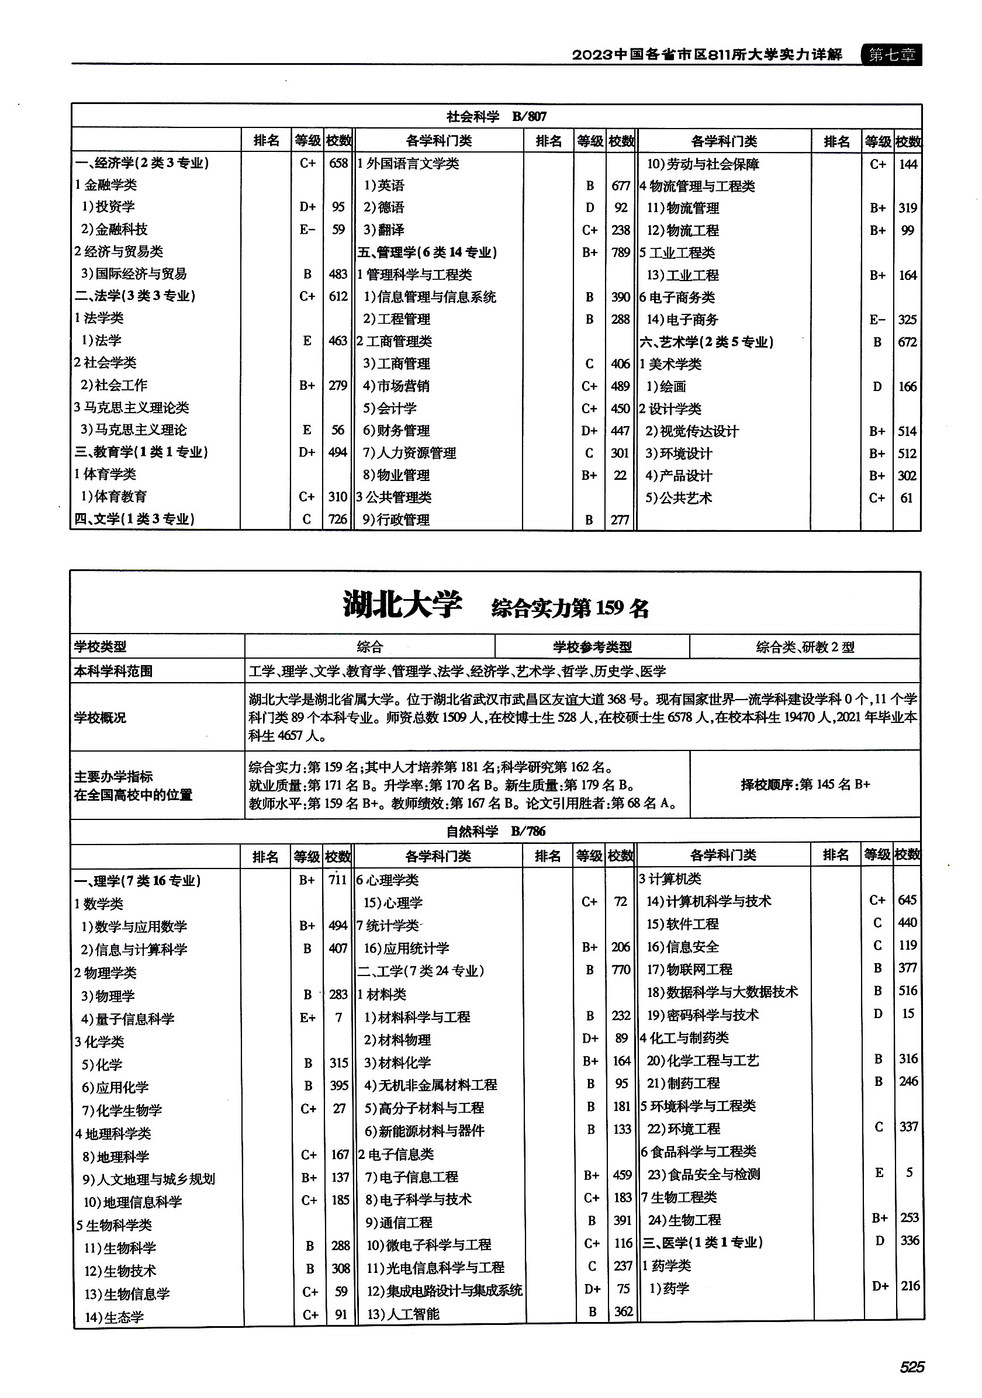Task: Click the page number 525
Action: click(x=911, y=1367)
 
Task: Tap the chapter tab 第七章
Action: click(x=891, y=55)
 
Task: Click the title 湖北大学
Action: click(x=402, y=605)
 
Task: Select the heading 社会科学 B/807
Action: click(x=496, y=116)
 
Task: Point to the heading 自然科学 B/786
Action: click(x=496, y=831)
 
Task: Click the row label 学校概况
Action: click(x=101, y=717)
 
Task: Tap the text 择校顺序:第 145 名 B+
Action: click(x=805, y=784)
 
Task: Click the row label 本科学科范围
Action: click(x=113, y=671)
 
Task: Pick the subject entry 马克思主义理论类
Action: click(x=132, y=407)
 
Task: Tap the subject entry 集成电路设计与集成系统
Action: click(x=444, y=1290)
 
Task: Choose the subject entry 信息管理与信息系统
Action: click(x=430, y=296)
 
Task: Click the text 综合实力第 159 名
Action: click(x=570, y=608)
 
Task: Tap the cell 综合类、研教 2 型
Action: click(x=805, y=646)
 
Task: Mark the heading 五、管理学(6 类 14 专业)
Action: click(x=427, y=252)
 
